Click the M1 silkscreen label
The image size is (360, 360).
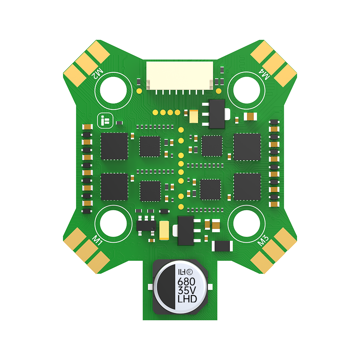coord(98,240)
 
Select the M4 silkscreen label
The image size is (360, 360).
coord(265,75)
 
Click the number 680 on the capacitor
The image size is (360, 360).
coord(186,281)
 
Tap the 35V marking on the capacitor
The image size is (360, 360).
coord(186,290)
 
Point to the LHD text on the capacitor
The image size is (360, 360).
coord(186,299)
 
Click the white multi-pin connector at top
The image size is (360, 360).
coord(179,76)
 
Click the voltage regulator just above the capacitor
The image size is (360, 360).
coord(185,230)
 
